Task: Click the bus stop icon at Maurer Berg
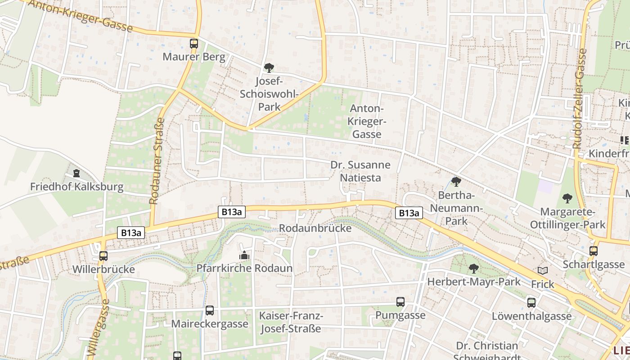[x=194, y=44]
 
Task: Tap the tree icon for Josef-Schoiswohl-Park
[x=269, y=68]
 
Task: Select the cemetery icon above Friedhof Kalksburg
[x=76, y=173]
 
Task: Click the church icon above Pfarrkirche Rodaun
[x=244, y=255]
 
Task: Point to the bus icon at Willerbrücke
[x=103, y=256]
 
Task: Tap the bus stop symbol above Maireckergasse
[x=210, y=310]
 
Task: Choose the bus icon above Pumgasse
[x=400, y=302]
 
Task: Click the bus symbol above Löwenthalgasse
[x=531, y=303]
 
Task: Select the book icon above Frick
[x=543, y=271]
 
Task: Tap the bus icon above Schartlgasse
[x=594, y=251]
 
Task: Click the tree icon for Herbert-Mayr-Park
[x=473, y=269]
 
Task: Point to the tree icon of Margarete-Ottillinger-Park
[x=567, y=198]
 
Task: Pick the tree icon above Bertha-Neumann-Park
[x=456, y=182]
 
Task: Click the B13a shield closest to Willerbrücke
[x=132, y=233]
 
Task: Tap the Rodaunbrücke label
[x=315, y=228]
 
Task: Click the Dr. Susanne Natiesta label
[x=360, y=171]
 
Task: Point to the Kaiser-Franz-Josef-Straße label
[x=291, y=322]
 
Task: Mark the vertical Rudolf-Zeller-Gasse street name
[x=580, y=99]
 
